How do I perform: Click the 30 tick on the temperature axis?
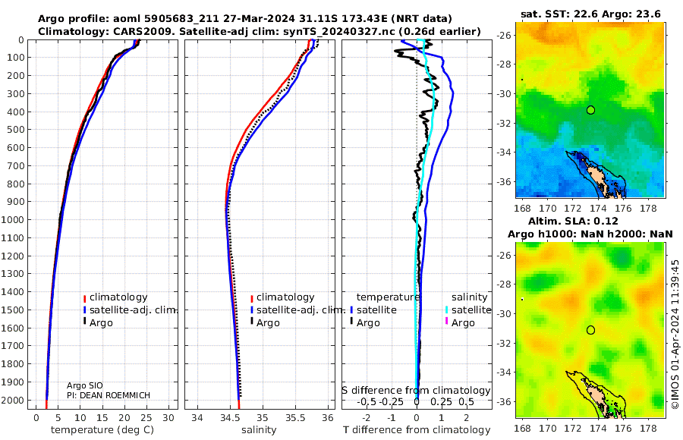pyautogui.click(x=168, y=417)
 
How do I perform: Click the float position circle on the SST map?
pyautogui.click(x=590, y=110)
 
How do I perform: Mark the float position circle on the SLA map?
pyautogui.click(x=590, y=330)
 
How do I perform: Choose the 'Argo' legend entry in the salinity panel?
pyautogui.click(x=268, y=323)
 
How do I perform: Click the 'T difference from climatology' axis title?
pyautogui.click(x=417, y=430)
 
